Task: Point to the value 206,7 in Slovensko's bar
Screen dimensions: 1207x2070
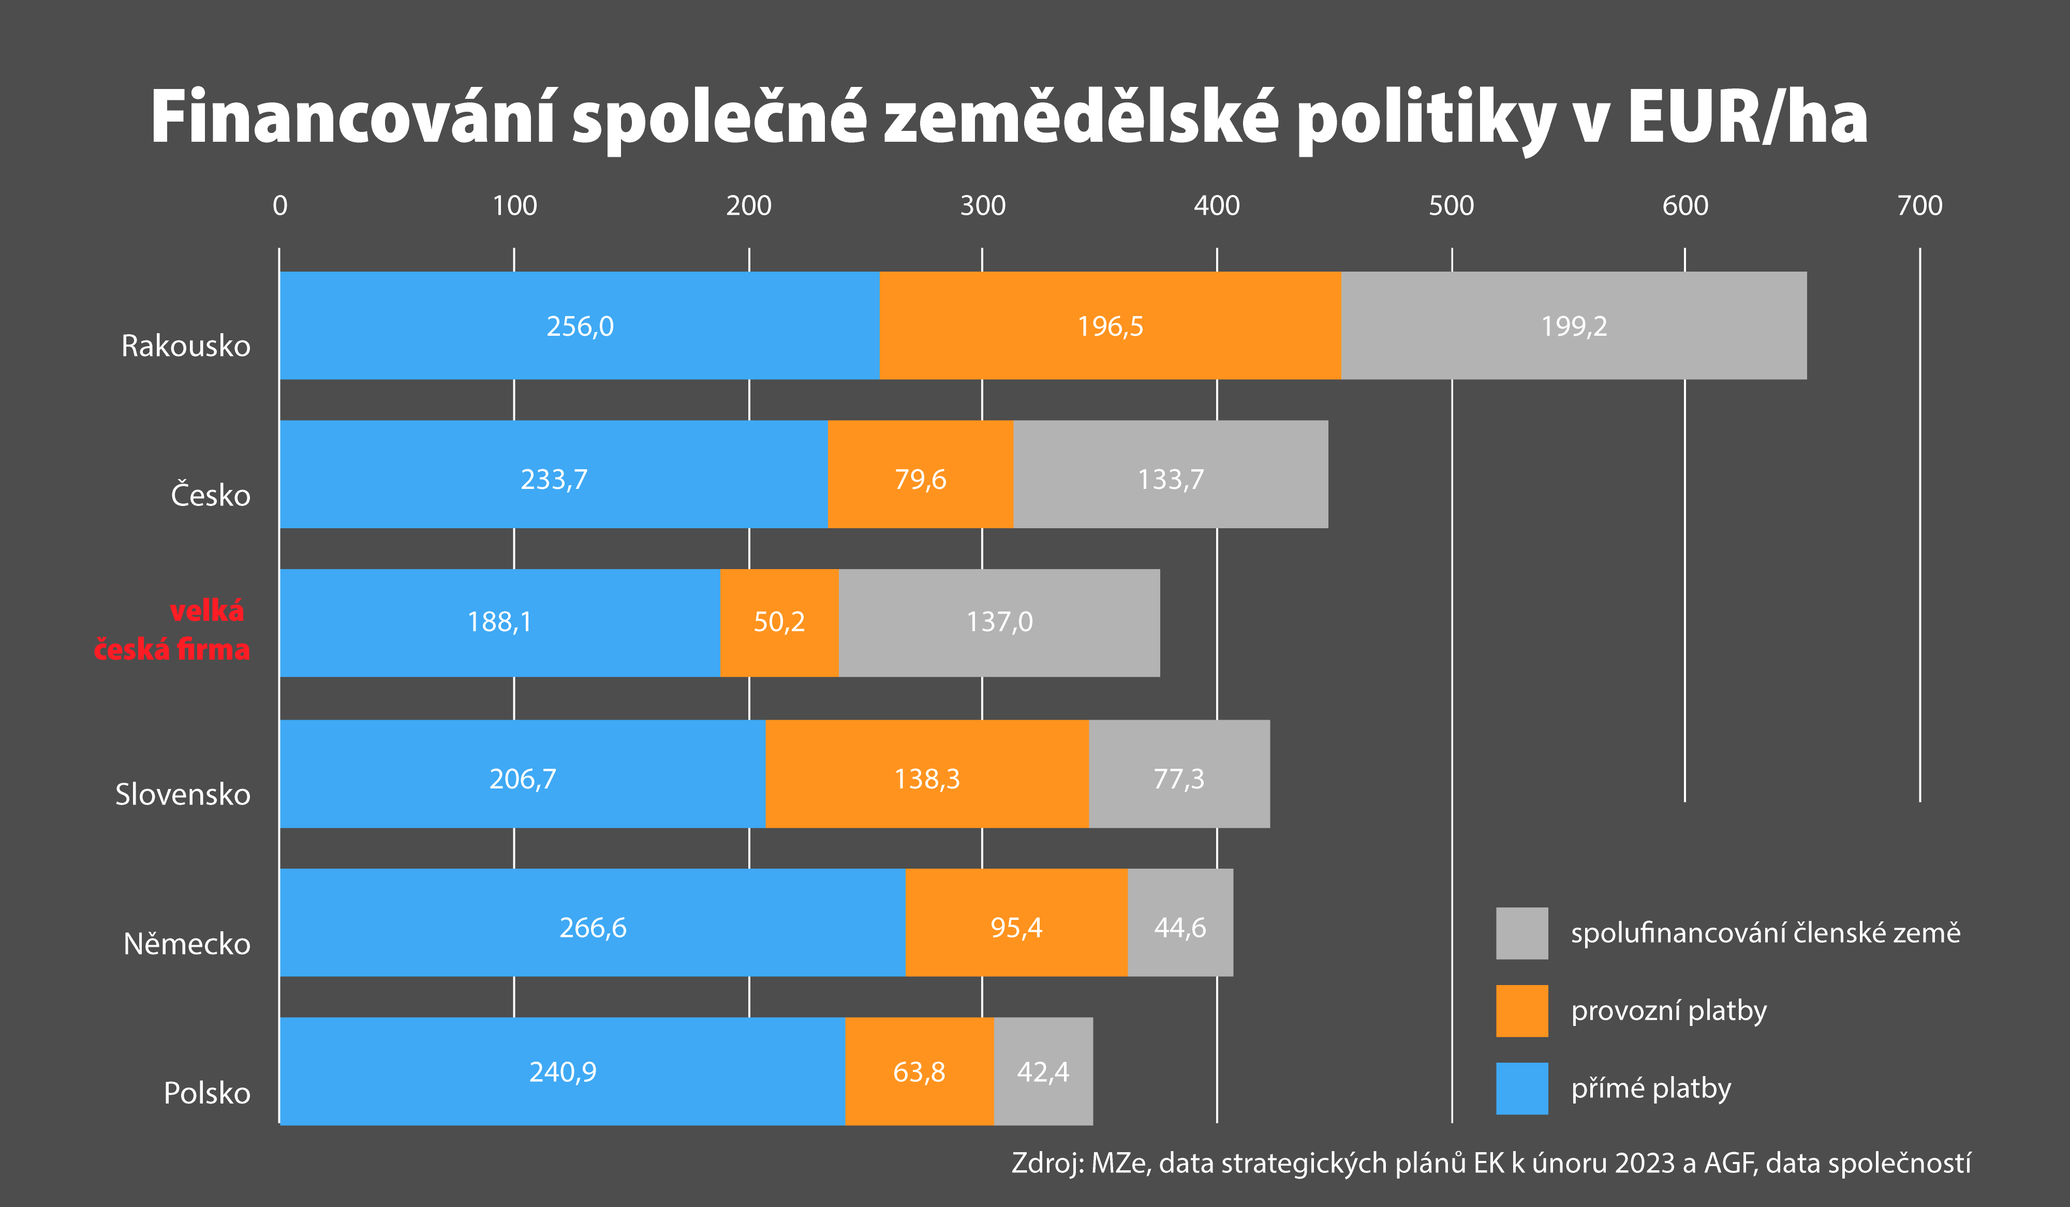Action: [x=523, y=779]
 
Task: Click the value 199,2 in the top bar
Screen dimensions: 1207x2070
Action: [x=1573, y=326]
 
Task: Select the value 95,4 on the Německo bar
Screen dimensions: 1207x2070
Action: [x=1015, y=928]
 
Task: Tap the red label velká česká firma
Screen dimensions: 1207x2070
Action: [x=172, y=630]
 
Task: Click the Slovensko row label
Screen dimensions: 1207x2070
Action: [x=182, y=794]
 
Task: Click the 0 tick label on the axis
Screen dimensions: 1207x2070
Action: [x=280, y=205]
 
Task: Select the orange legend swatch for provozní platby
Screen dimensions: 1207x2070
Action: [x=1521, y=1011]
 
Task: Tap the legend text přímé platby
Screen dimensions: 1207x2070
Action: [x=1650, y=1088]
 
